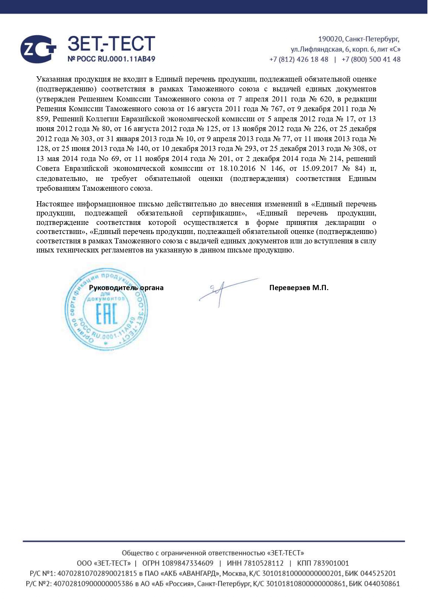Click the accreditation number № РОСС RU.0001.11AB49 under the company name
pos(111,59)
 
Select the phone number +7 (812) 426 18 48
pos(299,60)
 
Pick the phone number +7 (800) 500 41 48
pos(371,60)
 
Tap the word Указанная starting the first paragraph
pos(53,79)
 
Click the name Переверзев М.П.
pos(299,288)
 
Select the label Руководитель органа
pos(126,288)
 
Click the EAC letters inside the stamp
pos(106,314)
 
